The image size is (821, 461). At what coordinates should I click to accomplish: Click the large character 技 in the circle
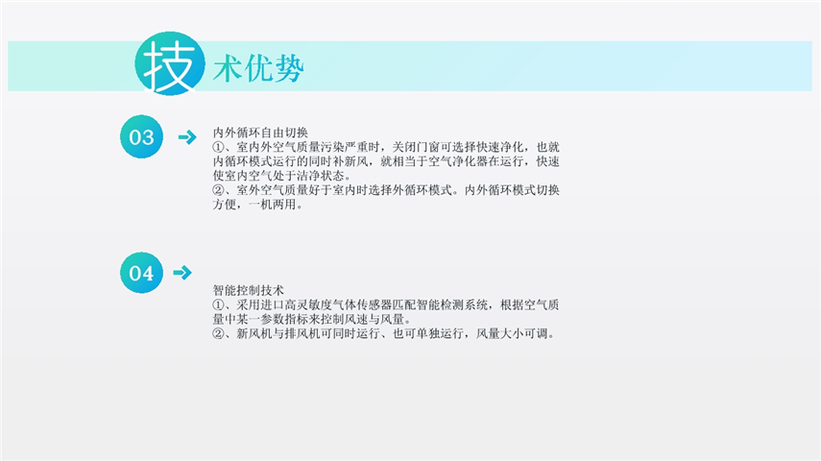(x=169, y=65)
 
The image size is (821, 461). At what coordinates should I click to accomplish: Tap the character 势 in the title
(x=289, y=68)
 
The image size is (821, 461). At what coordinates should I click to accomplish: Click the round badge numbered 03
(x=141, y=136)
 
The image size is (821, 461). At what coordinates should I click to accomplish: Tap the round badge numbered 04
(x=141, y=273)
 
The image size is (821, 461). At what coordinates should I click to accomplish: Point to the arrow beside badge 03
(x=187, y=137)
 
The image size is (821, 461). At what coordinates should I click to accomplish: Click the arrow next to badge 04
(x=182, y=273)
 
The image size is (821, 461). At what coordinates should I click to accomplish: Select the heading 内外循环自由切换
(x=260, y=133)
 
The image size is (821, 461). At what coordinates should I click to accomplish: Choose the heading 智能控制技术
(x=248, y=290)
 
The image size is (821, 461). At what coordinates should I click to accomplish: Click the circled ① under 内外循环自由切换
(x=218, y=147)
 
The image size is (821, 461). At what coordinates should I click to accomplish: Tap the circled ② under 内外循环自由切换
(x=218, y=190)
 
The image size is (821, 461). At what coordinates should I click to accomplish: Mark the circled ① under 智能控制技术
(x=218, y=304)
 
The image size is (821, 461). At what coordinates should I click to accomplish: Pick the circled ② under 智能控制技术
(x=218, y=333)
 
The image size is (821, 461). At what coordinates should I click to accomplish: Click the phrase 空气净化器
(x=458, y=161)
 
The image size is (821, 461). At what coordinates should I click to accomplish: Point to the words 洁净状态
(x=321, y=176)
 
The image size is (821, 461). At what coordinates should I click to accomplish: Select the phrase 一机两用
(x=273, y=205)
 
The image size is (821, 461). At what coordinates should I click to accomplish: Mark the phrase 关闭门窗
(x=416, y=147)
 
